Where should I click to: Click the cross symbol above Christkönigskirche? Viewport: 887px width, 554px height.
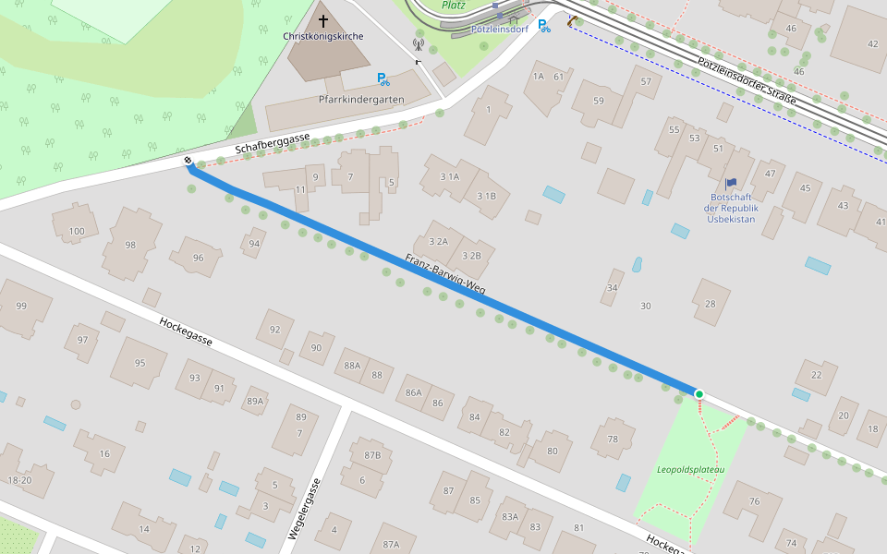pos(323,20)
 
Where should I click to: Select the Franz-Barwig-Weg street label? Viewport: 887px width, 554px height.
pos(445,274)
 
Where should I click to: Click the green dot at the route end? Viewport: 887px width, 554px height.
pos(699,394)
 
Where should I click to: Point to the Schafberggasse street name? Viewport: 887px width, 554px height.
pos(272,142)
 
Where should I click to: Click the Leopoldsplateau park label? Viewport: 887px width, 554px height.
pos(691,469)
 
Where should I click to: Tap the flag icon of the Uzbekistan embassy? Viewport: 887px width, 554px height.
pos(732,184)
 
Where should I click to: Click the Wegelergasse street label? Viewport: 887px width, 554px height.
pos(305,509)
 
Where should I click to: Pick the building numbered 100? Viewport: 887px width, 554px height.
pos(77,231)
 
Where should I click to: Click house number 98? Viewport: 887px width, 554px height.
pos(130,245)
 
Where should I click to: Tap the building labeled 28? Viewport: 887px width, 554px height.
pos(710,304)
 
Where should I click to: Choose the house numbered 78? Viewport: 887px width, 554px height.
pos(613,440)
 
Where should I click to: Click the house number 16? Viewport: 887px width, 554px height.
pos(104,453)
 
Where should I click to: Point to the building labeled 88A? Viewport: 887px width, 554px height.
pos(352,366)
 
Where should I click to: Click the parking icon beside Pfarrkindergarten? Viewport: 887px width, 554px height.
pos(383,79)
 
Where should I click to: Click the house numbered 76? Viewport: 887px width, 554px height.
pos(754,501)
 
